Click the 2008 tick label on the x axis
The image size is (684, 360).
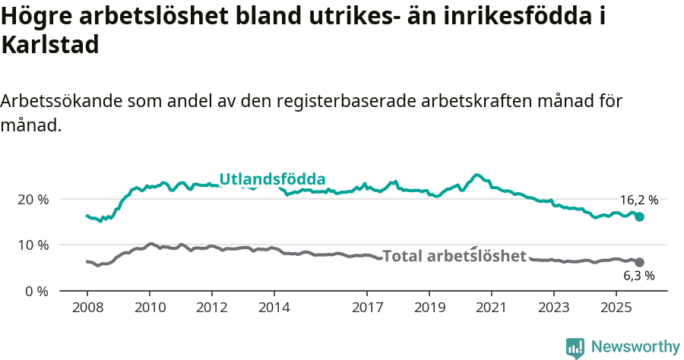(x=87, y=308)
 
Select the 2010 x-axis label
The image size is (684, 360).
(x=149, y=308)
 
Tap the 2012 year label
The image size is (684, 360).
(x=211, y=308)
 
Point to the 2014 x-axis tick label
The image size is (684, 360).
(x=274, y=308)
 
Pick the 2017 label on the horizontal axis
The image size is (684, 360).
(x=367, y=308)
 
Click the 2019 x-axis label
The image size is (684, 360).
(x=429, y=308)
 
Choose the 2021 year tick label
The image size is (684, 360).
(x=492, y=308)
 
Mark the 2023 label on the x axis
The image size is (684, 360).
(x=553, y=308)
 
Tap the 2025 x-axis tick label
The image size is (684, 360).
(x=616, y=308)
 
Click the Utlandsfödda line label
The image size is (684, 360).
(x=272, y=179)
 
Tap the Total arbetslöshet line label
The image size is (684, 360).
(x=454, y=256)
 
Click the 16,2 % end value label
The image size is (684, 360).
(x=638, y=201)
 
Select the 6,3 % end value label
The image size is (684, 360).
(x=639, y=276)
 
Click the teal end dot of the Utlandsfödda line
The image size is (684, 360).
(x=639, y=216)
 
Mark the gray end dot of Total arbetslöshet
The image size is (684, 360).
(x=639, y=262)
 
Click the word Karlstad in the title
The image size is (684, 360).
(x=51, y=45)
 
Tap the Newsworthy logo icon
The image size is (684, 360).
(x=575, y=348)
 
